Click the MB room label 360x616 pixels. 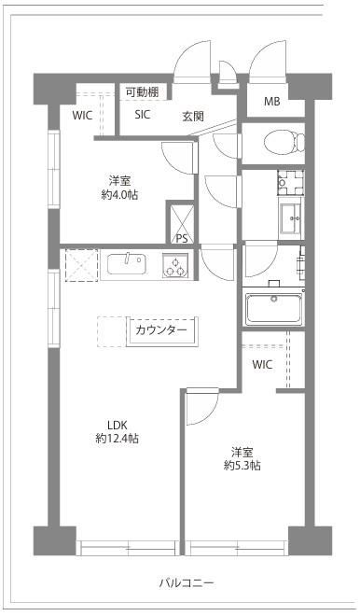271,102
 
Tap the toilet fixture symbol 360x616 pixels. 284,142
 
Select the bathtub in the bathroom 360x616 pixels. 273,307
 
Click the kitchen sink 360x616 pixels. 127,264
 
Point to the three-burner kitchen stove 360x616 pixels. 175,265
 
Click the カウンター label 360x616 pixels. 161,330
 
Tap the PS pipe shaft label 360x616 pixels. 182,238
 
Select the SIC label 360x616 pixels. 142,114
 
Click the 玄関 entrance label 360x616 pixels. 193,117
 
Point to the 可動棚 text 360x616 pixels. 142,92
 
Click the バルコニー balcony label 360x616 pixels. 187,582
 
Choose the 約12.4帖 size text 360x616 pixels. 117,439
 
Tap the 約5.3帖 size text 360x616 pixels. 242,466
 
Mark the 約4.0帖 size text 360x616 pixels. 119,194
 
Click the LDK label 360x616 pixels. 117,425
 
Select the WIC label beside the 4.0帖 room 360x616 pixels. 82,116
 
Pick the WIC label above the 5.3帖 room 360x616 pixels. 262,364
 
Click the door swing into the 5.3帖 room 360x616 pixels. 202,406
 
